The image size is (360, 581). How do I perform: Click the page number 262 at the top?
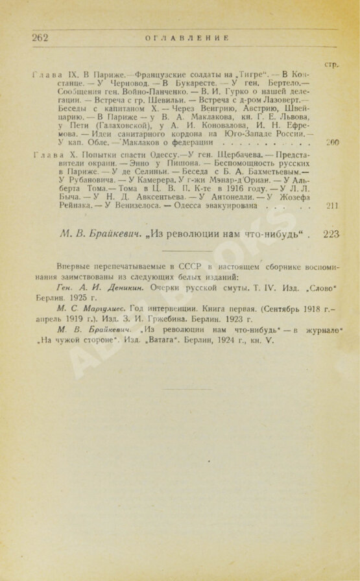pyautogui.click(x=40, y=38)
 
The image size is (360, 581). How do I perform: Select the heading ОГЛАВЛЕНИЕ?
pyautogui.click(x=178, y=38)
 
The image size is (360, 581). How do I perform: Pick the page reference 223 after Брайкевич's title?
pyautogui.click(x=331, y=234)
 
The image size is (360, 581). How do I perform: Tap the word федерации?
pyautogui.click(x=189, y=141)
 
